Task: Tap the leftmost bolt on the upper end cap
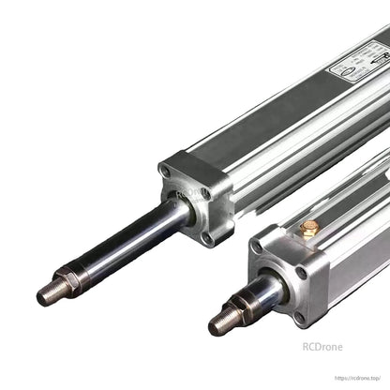point(167,172)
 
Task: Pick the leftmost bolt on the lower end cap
point(255,248)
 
